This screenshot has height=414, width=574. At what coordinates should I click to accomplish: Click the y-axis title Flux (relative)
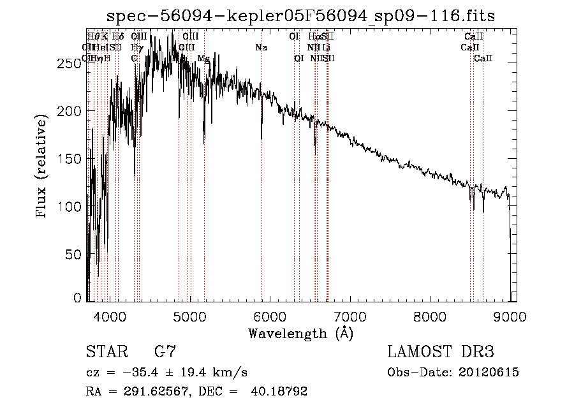click(x=43, y=167)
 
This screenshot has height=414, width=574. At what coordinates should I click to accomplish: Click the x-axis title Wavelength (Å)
click(x=300, y=334)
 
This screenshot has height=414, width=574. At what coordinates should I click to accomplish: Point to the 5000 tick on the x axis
click(x=189, y=316)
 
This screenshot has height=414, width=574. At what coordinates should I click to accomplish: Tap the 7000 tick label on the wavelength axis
click(x=350, y=316)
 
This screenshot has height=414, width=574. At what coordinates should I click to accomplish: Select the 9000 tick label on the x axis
click(x=510, y=316)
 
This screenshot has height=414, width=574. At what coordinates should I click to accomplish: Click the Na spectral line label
click(x=261, y=48)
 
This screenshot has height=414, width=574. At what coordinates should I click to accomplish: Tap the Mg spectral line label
click(x=203, y=59)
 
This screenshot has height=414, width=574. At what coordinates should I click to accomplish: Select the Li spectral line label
click(x=326, y=48)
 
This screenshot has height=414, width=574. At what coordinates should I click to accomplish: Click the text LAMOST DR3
click(x=440, y=352)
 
